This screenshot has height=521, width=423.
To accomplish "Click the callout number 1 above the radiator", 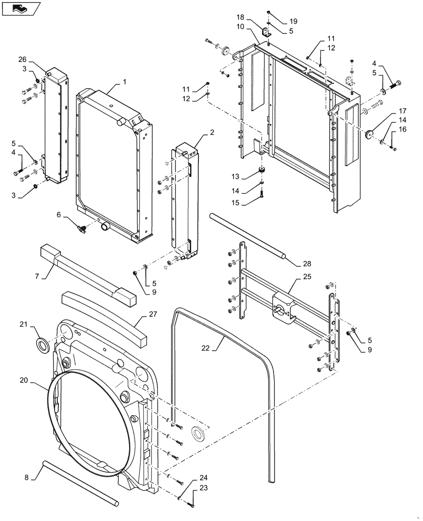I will [x=125, y=82].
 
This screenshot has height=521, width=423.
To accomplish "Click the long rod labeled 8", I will [x=78, y=482].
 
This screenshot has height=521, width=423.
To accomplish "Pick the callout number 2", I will [x=212, y=133].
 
